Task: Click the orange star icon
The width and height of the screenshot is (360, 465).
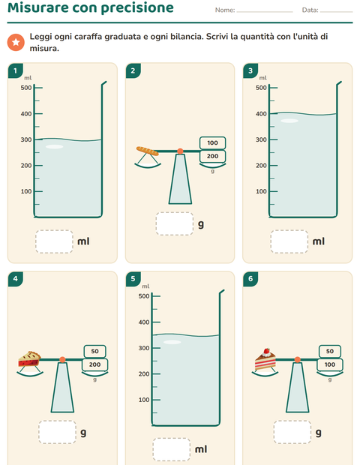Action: click(16, 43)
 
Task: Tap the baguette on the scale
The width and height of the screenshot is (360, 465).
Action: click(148, 151)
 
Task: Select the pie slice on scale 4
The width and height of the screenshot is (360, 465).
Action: click(29, 359)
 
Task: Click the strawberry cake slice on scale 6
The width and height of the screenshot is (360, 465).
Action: click(265, 359)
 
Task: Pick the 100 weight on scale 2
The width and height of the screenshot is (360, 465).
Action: click(212, 143)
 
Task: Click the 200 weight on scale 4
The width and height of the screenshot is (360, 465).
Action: click(95, 364)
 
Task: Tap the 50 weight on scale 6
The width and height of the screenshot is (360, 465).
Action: click(330, 352)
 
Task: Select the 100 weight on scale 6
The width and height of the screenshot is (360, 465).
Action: click(330, 364)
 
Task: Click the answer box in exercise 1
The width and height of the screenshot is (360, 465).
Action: click(54, 241)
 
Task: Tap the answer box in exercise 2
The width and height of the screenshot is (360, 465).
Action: click(175, 224)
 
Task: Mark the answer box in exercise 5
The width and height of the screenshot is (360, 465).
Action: click(172, 449)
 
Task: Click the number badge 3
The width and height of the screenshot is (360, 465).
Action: click(250, 70)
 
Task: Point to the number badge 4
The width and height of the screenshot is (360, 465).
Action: click(16, 279)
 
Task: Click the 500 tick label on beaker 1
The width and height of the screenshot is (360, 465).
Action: click(26, 88)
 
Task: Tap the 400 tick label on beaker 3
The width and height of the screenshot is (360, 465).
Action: click(261, 114)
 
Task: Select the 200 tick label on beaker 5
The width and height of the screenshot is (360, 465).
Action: click(144, 374)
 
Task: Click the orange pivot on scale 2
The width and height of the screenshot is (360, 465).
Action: click(180, 151)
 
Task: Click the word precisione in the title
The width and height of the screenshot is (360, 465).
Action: click(137, 7)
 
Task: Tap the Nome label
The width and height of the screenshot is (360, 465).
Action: click(225, 10)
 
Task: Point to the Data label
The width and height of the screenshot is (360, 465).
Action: click(310, 10)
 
